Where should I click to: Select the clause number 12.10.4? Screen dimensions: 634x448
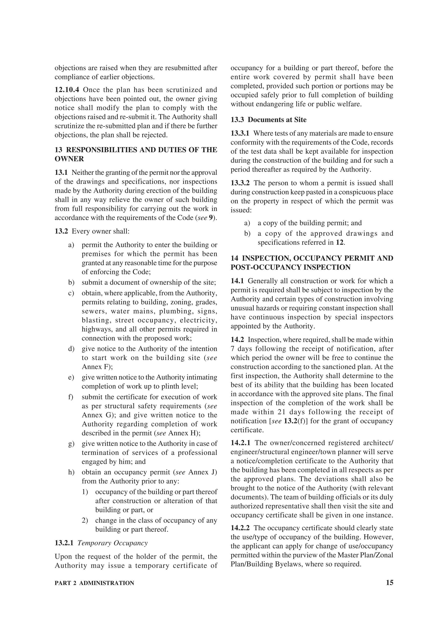click(x=67, y=90)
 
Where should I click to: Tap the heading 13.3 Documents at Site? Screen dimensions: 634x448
click(x=269, y=120)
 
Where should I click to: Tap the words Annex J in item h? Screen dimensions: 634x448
click(x=203, y=472)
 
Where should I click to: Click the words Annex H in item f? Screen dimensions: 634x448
click(x=182, y=433)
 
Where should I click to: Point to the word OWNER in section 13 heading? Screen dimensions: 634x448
click(x=69, y=159)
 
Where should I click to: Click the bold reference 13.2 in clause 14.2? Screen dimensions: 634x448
click(x=290, y=421)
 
